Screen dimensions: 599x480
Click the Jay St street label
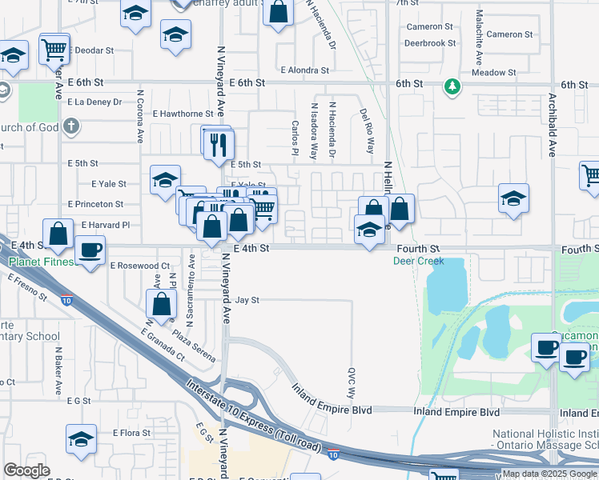tap(247, 301)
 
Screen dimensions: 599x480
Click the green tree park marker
tap(452, 85)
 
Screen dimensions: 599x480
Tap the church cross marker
tap(72, 126)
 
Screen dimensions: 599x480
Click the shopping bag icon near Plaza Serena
tap(161, 303)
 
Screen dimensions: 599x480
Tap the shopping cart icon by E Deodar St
tap(54, 49)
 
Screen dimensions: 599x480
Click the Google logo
tap(27, 470)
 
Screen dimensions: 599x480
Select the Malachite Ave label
tap(479, 38)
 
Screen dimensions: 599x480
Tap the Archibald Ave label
tap(552, 124)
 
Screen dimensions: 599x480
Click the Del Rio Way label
tap(368, 131)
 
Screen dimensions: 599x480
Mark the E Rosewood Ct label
tap(140, 265)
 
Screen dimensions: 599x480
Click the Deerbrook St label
tap(430, 43)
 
